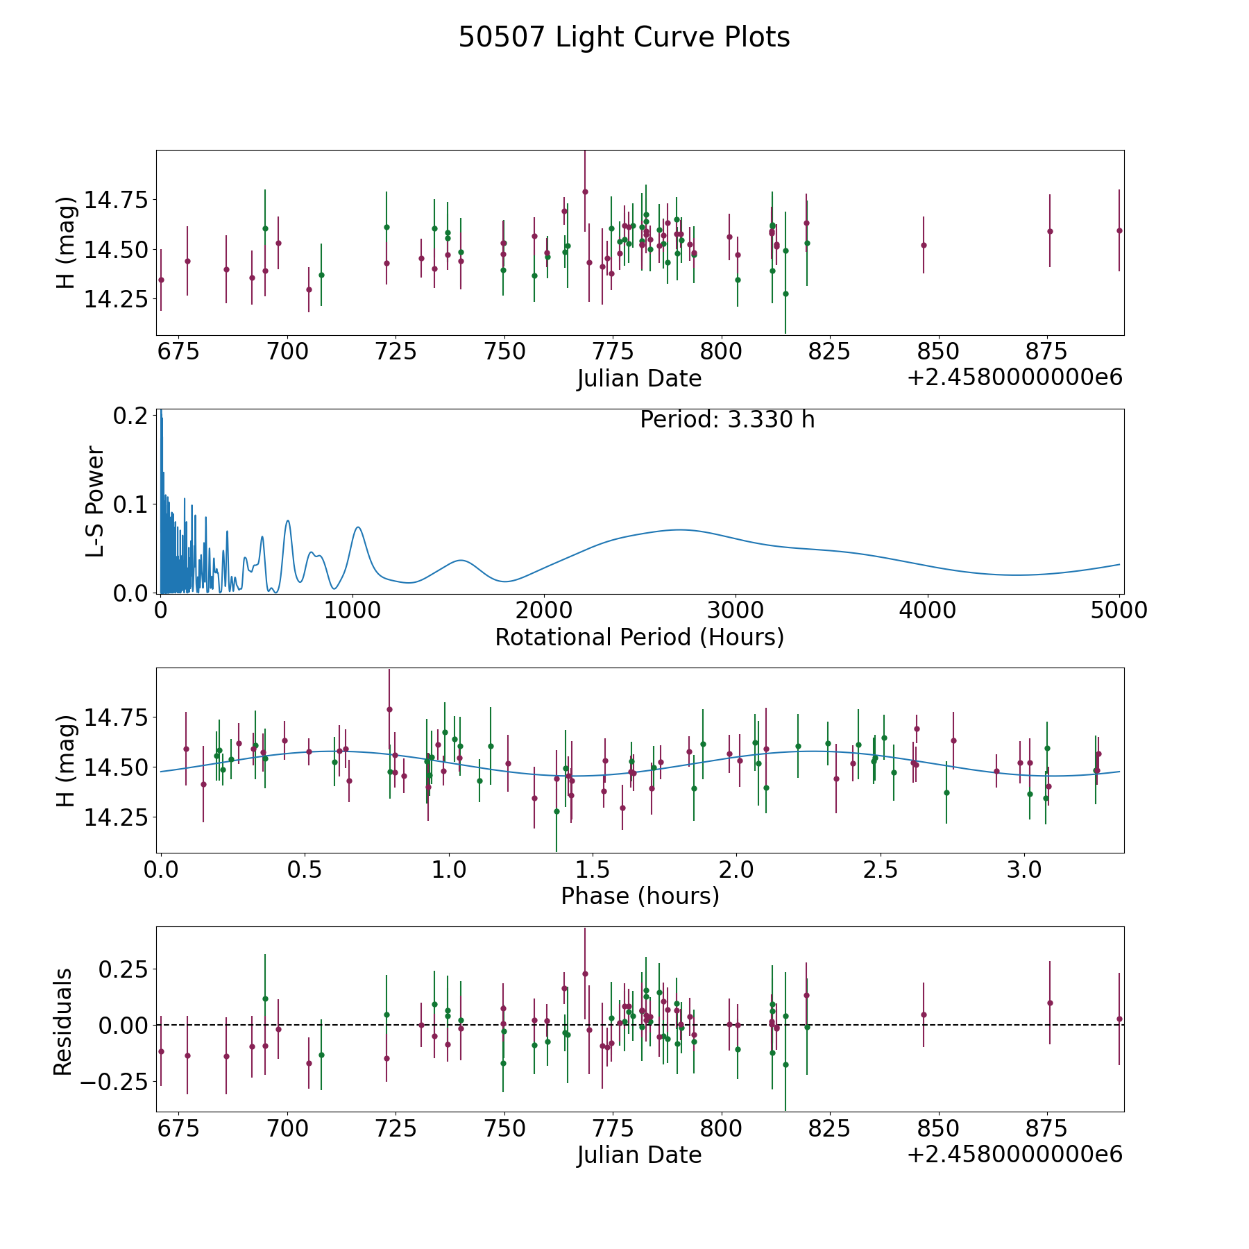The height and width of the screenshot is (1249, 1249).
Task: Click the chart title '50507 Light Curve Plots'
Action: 624,37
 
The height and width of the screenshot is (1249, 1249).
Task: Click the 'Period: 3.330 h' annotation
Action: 727,420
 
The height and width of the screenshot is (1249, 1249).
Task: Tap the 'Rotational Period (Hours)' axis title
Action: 639,637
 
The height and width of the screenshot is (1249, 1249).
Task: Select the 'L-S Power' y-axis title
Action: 95,501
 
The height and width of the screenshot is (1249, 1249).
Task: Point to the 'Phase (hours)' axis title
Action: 639,896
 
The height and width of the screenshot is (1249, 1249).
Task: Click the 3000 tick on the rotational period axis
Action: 736,611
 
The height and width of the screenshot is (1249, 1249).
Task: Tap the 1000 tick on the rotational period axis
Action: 352,611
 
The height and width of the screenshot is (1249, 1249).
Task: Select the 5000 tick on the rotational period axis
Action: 1119,611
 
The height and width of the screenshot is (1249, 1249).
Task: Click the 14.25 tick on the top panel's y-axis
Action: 116,299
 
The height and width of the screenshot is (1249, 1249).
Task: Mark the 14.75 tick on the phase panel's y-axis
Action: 116,717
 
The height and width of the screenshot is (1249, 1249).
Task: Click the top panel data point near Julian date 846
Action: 924,245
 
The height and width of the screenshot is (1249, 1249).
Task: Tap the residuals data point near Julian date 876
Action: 1050,1003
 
